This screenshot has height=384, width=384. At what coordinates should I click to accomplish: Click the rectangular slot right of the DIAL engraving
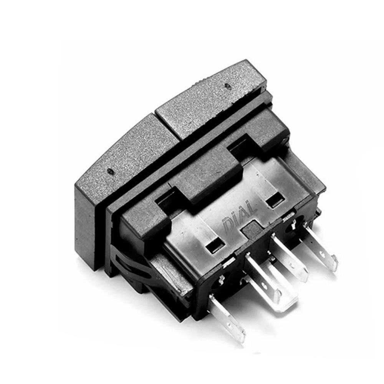coord(274,200)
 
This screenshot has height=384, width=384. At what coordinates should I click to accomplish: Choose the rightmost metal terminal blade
coord(320,247)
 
